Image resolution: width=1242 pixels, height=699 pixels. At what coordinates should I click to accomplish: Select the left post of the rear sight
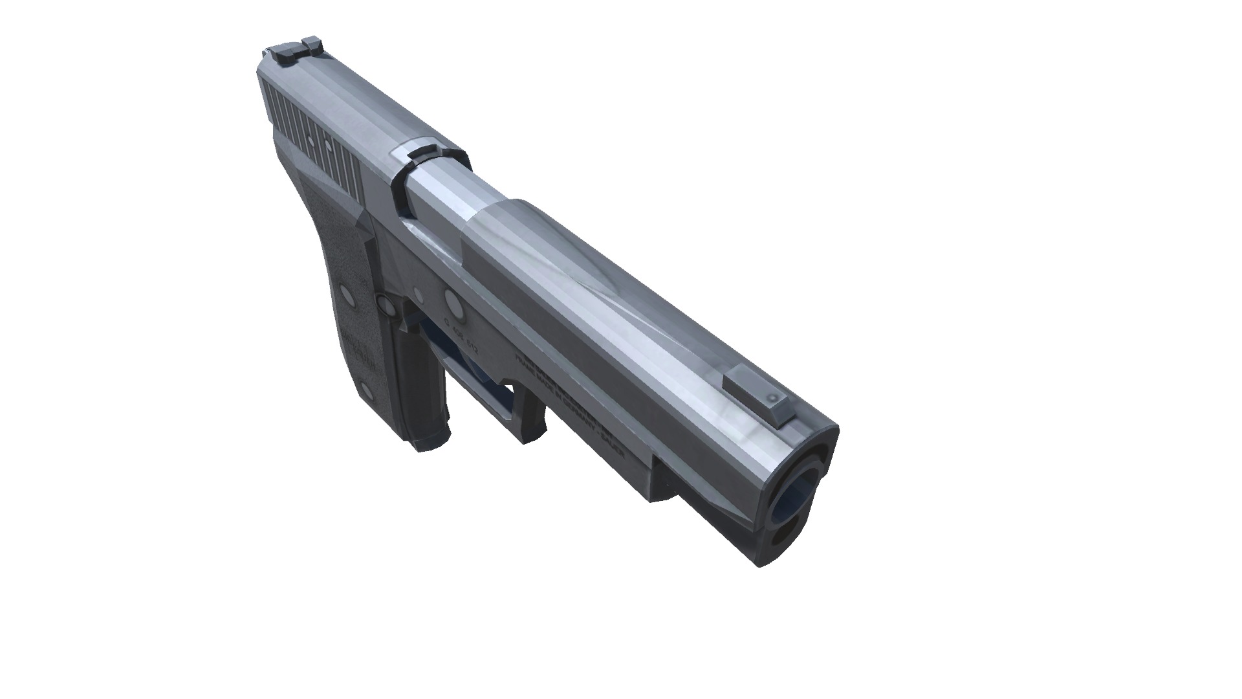(283, 55)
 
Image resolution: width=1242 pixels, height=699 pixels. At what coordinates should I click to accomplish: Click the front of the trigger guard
(527, 421)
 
